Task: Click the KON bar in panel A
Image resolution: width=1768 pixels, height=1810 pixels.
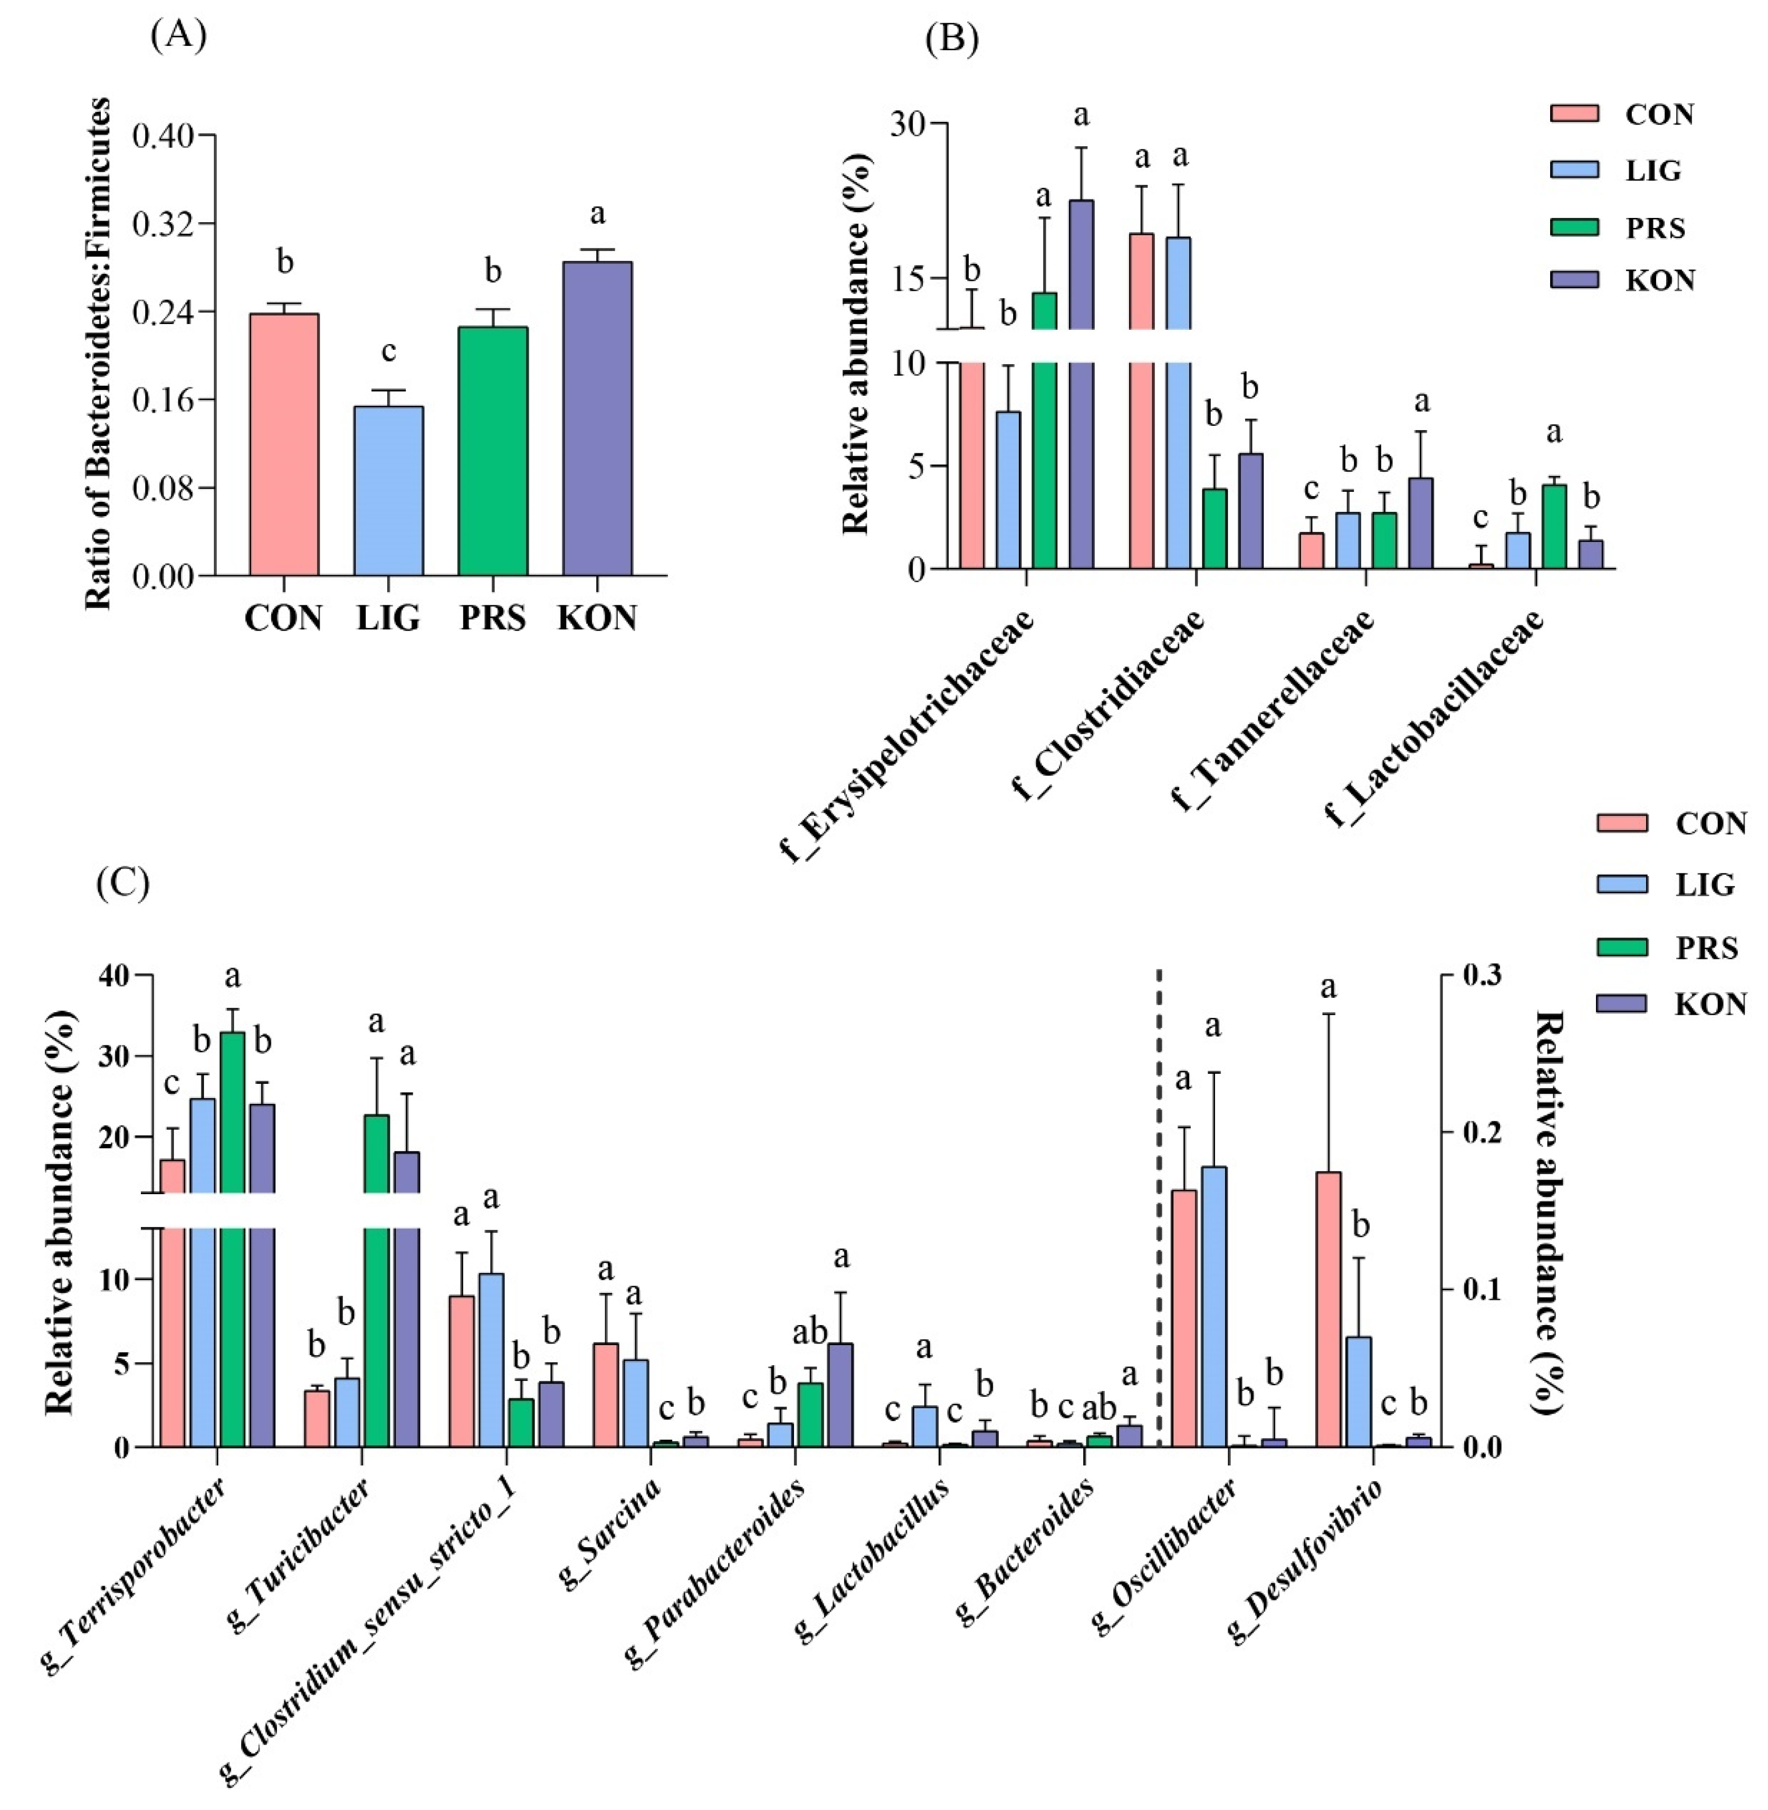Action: [597, 418]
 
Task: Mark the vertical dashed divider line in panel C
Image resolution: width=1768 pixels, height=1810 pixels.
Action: [1159, 1207]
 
